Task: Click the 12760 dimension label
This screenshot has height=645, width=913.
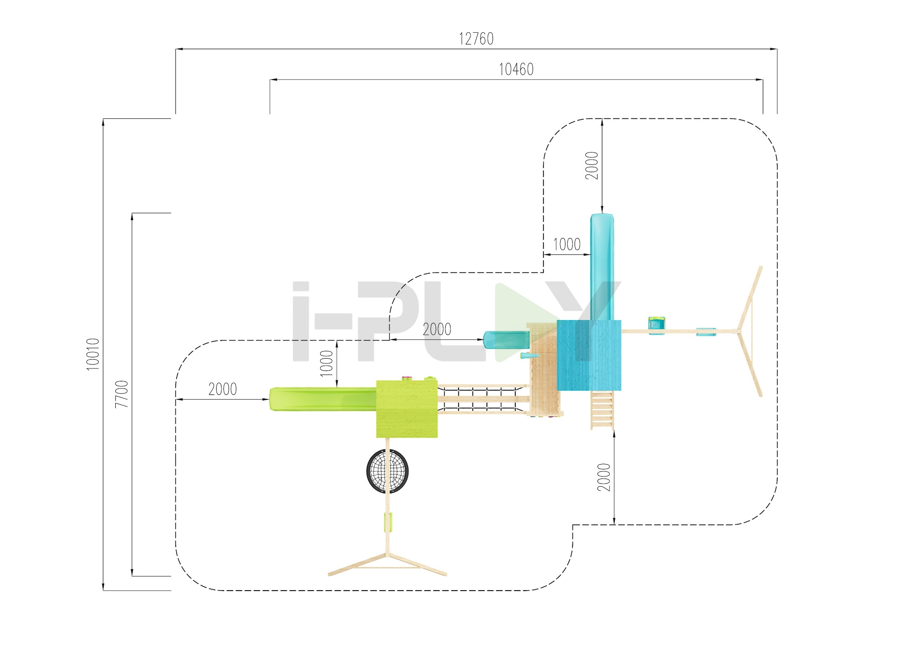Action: pos(476,39)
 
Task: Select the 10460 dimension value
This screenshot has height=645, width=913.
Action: pos(516,70)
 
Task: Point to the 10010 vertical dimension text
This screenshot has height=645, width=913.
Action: pos(93,354)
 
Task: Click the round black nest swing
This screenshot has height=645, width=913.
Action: pos(387,471)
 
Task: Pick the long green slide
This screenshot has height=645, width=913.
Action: pos(323,399)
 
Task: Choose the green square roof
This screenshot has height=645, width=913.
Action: pos(406,409)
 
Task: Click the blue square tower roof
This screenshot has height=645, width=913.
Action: pos(589,355)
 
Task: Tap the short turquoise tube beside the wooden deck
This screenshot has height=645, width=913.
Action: pos(506,340)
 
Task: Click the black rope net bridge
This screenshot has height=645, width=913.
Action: pos(483,399)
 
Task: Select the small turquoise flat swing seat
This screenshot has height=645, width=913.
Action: pos(706,331)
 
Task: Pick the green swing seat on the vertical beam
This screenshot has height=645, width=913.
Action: pos(388,522)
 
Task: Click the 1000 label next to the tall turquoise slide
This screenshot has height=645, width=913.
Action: pos(567,244)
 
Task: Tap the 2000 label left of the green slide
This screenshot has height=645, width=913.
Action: pos(223,389)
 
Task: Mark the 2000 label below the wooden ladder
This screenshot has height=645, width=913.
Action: pos(604,477)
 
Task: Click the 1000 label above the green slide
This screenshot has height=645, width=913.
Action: pos(327,363)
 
